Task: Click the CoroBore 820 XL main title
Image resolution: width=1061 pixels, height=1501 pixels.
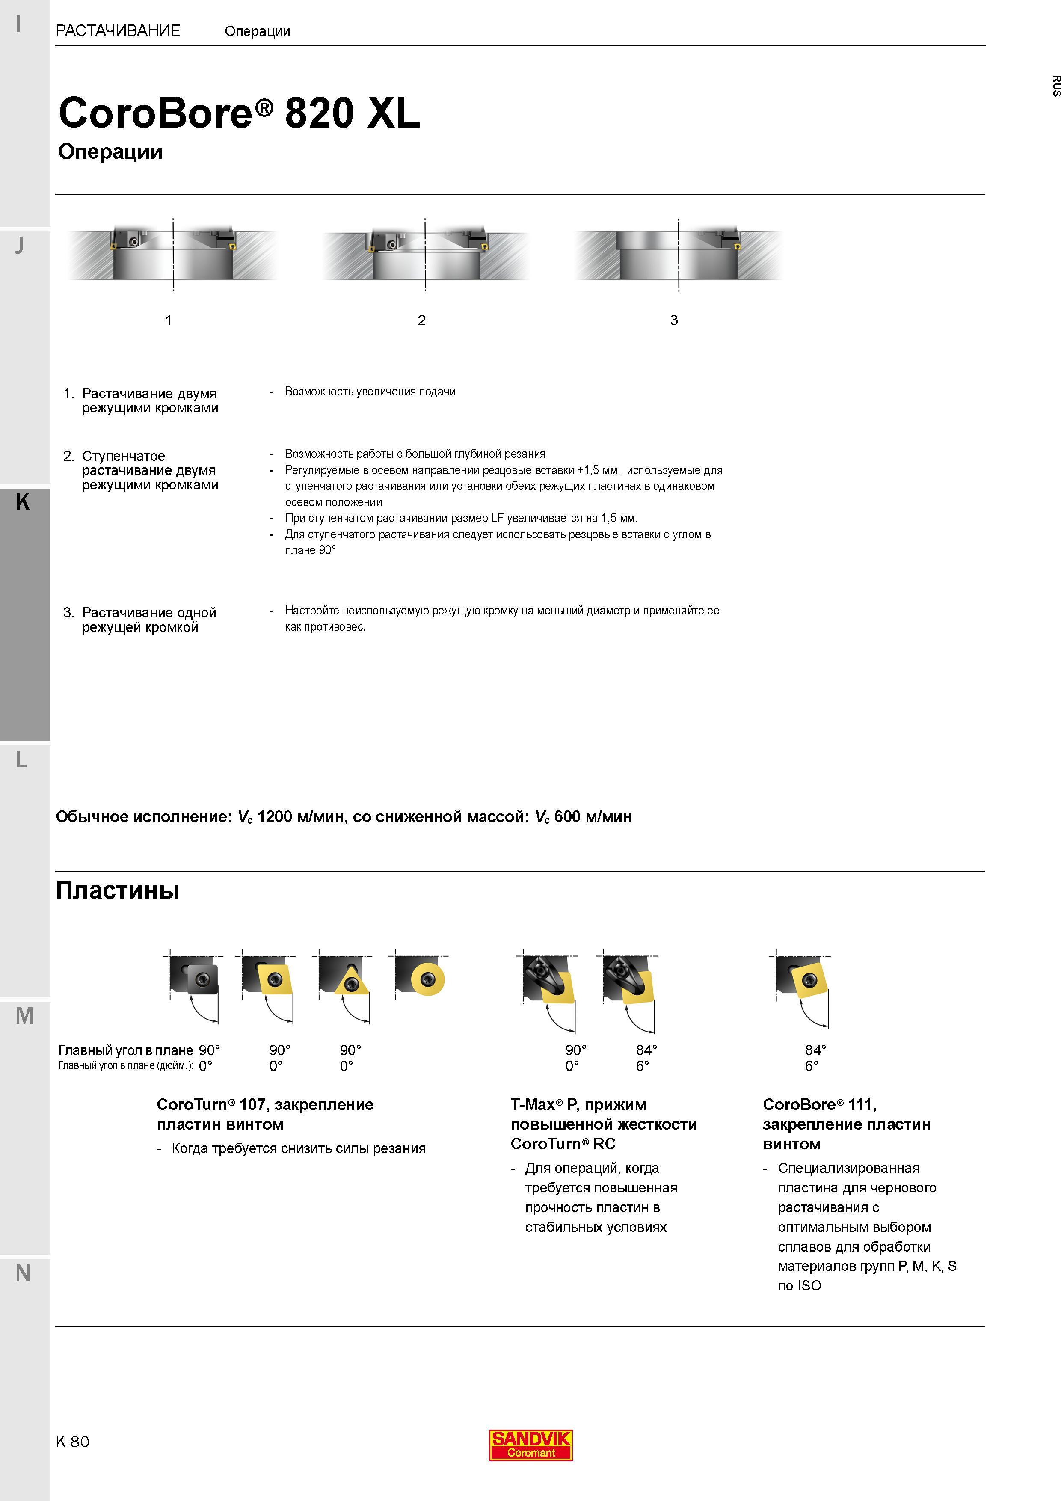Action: (239, 113)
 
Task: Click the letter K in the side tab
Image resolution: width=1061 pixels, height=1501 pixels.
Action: (22, 502)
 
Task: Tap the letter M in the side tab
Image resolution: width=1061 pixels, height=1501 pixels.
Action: (24, 1016)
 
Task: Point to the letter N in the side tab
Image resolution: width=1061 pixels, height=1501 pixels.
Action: (23, 1273)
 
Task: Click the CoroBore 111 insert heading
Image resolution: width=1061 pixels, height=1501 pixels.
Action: (847, 1124)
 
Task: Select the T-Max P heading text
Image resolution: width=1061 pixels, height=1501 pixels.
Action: (603, 1124)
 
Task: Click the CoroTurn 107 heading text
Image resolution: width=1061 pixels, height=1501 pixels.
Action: (265, 1114)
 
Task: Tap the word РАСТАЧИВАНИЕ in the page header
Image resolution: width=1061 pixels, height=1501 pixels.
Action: (119, 31)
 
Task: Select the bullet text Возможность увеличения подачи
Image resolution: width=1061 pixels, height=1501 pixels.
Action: (370, 392)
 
